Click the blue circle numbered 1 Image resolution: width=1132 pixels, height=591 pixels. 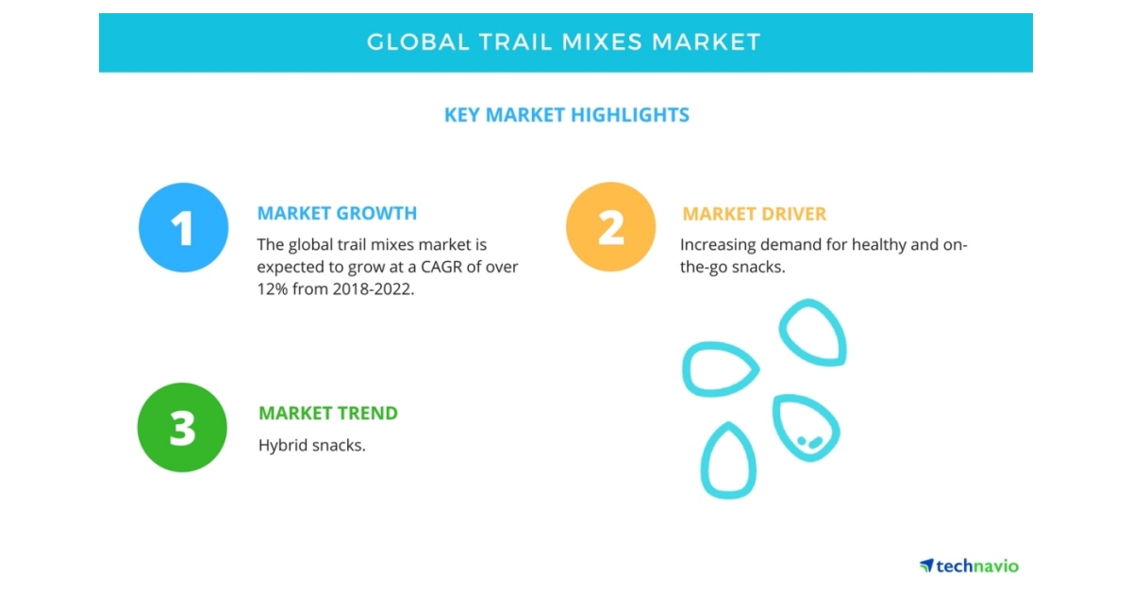(183, 227)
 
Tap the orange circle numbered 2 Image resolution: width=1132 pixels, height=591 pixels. (610, 227)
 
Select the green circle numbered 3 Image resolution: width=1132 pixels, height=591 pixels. (182, 428)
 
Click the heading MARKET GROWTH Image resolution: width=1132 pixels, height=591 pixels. (337, 213)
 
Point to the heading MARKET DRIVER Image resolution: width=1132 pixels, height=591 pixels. (754, 214)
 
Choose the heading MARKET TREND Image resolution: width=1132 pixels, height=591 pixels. (328, 413)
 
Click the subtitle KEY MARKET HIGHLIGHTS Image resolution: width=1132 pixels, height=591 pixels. (566, 115)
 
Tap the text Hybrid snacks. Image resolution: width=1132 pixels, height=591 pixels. (311, 445)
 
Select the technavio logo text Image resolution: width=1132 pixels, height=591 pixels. (976, 566)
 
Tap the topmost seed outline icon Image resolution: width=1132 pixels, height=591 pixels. (813, 334)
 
